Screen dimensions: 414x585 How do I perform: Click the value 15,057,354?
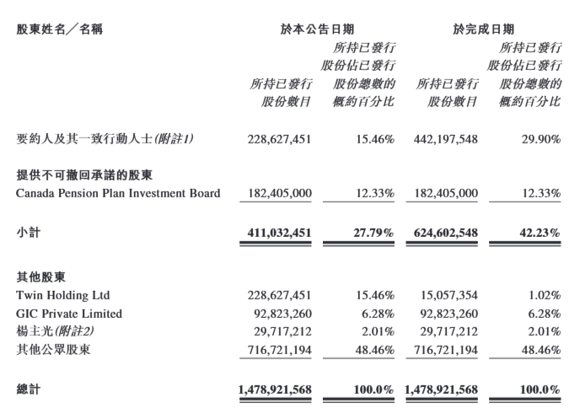447,295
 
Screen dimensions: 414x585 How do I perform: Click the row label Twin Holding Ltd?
63,295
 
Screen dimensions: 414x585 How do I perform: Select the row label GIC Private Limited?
69,314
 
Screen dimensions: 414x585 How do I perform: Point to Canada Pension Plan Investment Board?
118,193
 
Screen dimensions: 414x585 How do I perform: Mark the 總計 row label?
29,390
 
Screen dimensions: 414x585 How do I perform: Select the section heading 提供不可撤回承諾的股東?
81,175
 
